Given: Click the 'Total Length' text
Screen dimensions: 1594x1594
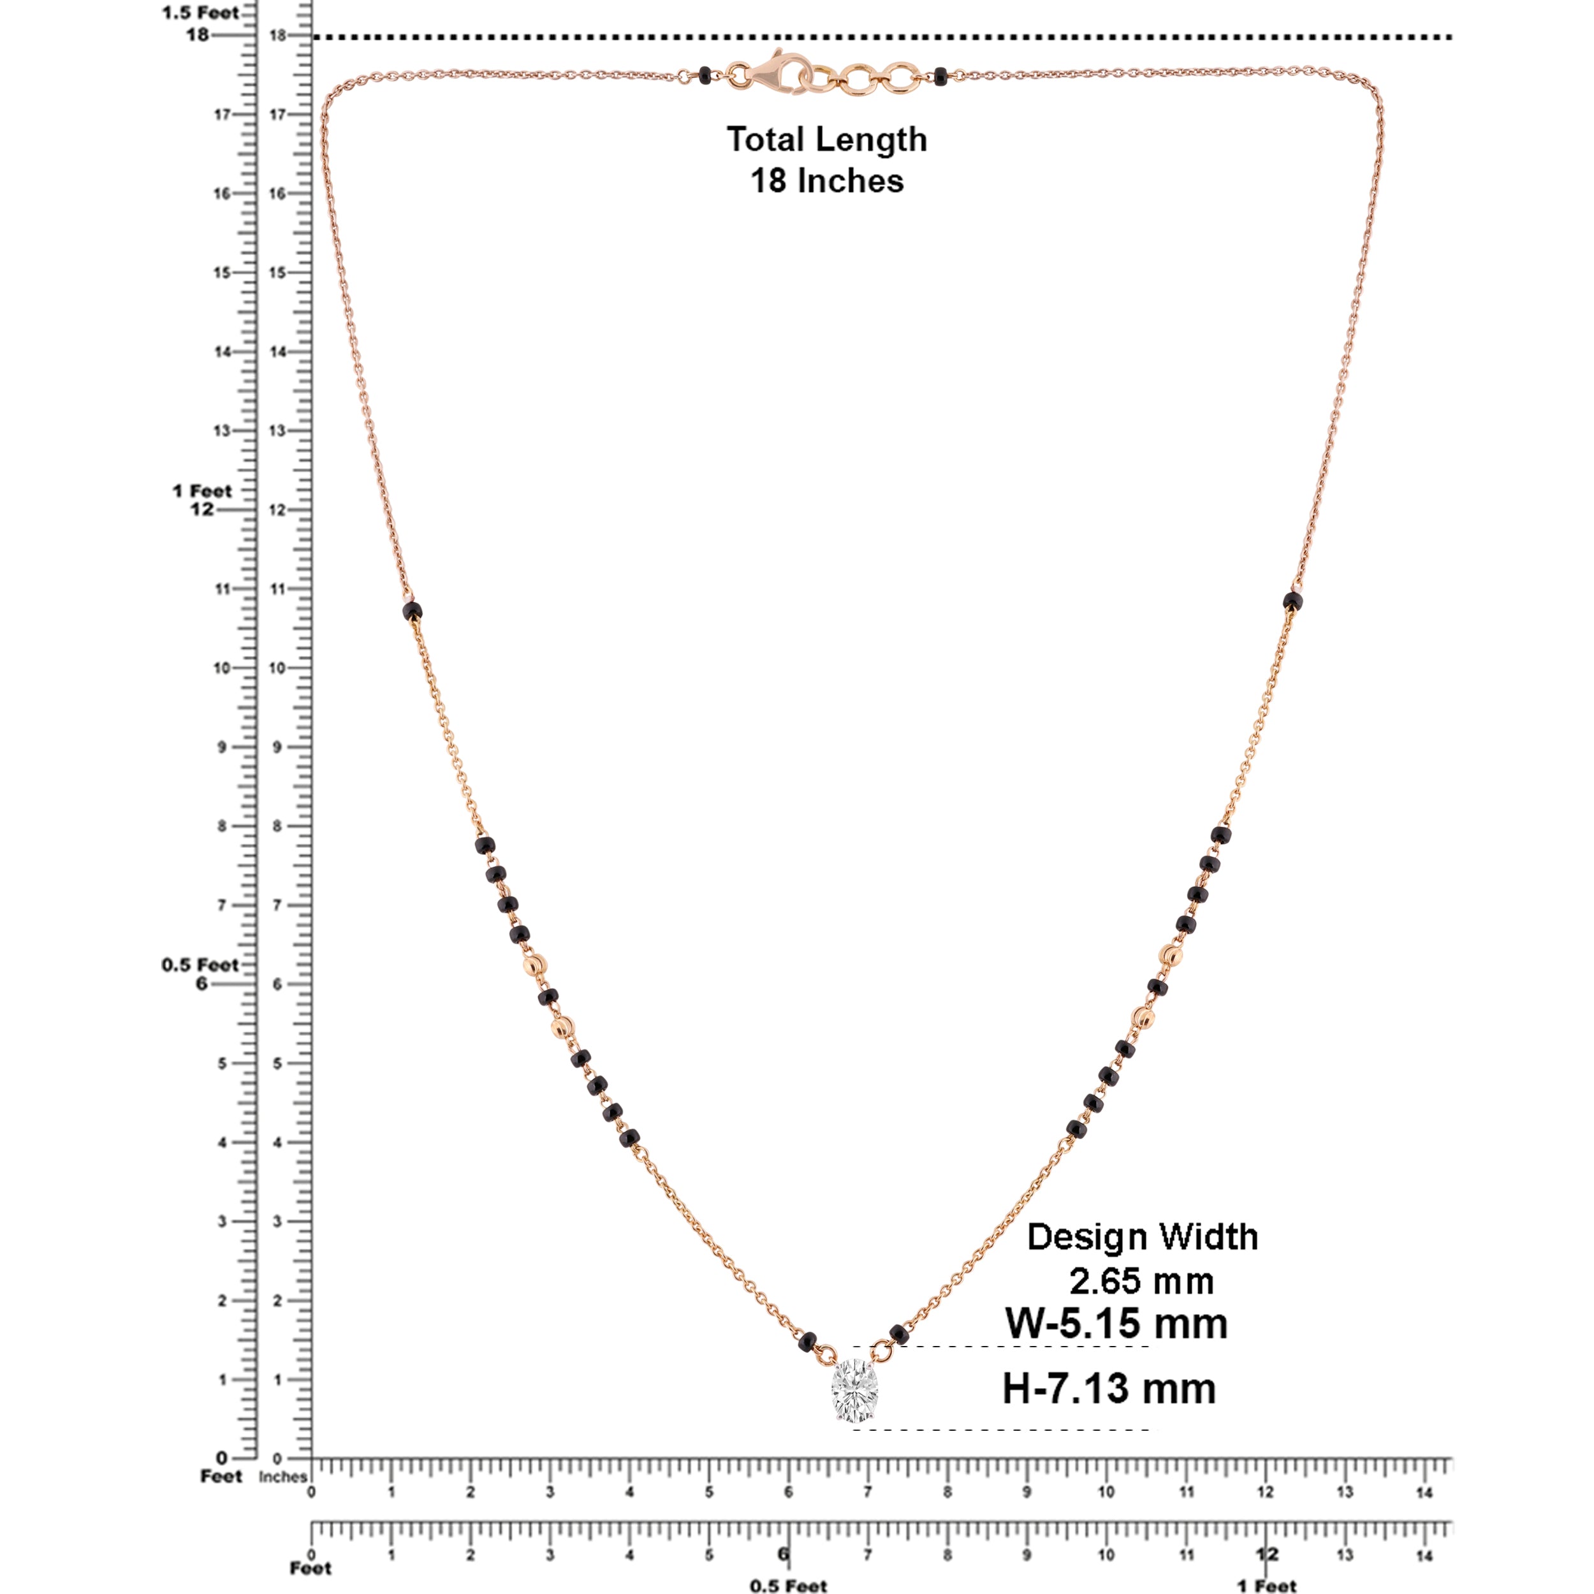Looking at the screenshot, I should pyautogui.click(x=827, y=140).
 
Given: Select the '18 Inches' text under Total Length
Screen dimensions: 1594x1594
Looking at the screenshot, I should pyautogui.click(x=827, y=180).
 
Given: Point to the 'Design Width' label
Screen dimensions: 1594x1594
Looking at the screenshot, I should pyautogui.click(x=1142, y=1260).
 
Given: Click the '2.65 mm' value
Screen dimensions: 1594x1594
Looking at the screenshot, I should pyautogui.click(x=1142, y=1305).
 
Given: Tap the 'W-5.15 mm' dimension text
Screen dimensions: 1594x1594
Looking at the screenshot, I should pyautogui.click(x=1115, y=1347).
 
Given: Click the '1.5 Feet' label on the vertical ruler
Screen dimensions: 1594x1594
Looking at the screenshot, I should pyautogui.click(x=200, y=12).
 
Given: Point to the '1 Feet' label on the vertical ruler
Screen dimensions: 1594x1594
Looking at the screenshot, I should pyautogui.click(x=201, y=491).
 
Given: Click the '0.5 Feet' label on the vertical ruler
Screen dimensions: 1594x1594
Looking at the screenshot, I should pyautogui.click(x=200, y=965).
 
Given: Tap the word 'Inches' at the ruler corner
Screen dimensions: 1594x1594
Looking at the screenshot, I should pyautogui.click(x=282, y=1476).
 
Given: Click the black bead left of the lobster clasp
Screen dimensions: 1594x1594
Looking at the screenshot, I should pyautogui.click(x=704, y=75).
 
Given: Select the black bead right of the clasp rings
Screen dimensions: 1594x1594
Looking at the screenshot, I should pyautogui.click(x=940, y=76).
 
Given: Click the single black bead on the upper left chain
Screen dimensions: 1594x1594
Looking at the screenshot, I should pyautogui.click(x=412, y=611).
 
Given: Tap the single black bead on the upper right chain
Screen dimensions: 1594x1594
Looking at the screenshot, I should pyautogui.click(x=1293, y=601).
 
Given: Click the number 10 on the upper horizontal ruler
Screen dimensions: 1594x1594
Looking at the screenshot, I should pyautogui.click(x=1106, y=1492).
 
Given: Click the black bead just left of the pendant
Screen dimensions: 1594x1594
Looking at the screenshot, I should pyautogui.click(x=808, y=1342).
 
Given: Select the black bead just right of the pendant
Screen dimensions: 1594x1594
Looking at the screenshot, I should pyautogui.click(x=899, y=1333).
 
